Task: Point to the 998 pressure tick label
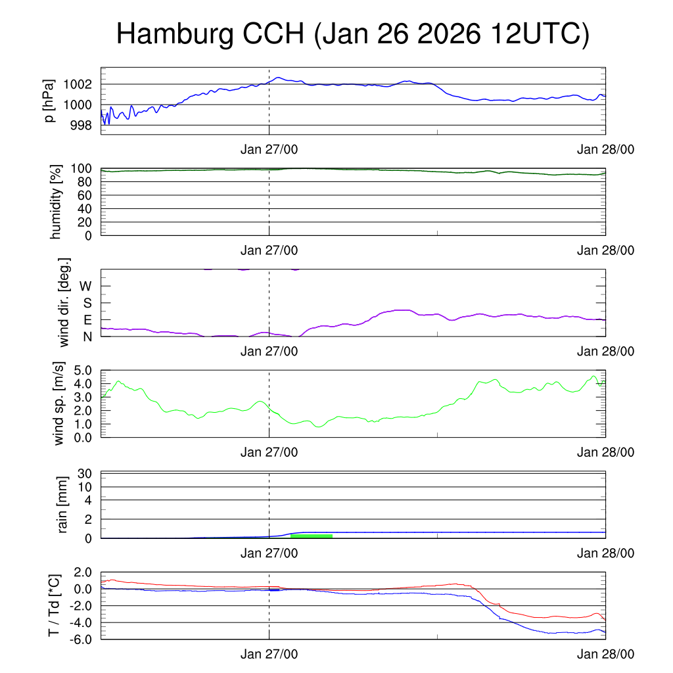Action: (x=81, y=125)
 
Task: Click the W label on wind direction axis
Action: (x=85, y=287)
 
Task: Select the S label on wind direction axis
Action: (x=86, y=304)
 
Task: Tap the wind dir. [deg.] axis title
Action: (x=64, y=303)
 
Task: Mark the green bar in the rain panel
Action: (x=311, y=536)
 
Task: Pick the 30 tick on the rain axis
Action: (x=85, y=474)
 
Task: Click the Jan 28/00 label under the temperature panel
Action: (x=605, y=655)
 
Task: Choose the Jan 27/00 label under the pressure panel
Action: (x=269, y=150)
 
